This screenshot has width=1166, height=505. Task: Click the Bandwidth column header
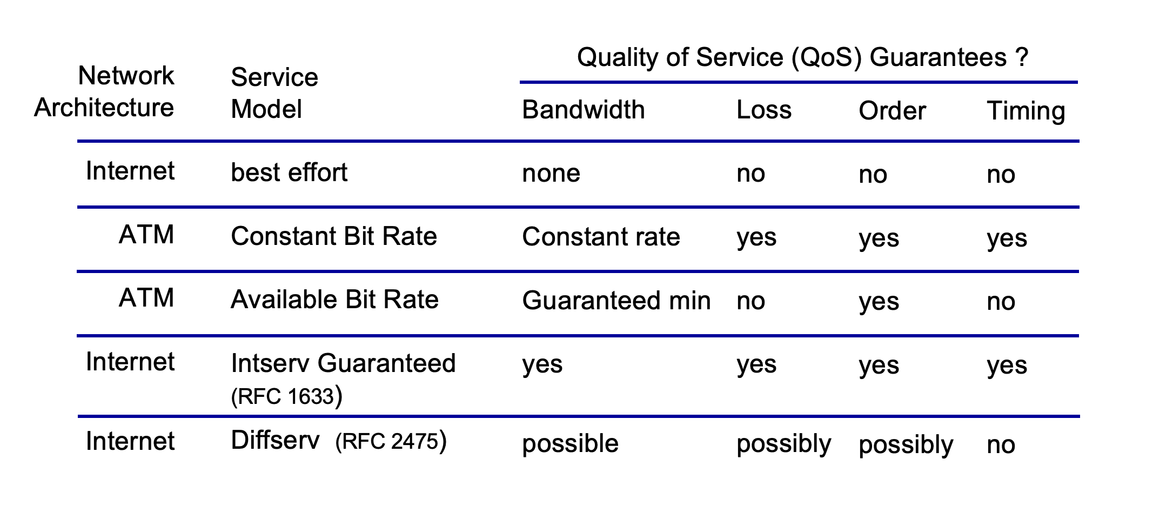coord(584,110)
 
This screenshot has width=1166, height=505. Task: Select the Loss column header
coord(764,110)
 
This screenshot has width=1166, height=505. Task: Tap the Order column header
coord(892,111)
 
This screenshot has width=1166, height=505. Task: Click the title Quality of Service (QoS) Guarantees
coord(802,57)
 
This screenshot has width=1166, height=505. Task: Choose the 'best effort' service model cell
coord(289,172)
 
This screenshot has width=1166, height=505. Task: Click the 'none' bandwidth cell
coord(551,174)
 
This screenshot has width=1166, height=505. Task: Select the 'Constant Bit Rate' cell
coord(334,236)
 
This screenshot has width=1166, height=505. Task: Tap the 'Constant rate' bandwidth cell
coord(601,237)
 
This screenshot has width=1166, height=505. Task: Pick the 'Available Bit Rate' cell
coord(335,300)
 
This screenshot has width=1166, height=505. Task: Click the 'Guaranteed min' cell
coord(616,301)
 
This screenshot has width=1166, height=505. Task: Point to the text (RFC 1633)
coord(286,397)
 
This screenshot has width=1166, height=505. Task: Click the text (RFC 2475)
coord(391,442)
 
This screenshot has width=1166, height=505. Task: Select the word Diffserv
coord(275,441)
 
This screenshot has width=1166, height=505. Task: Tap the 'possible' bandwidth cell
coord(571,444)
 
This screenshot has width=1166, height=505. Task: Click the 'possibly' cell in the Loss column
coord(784,444)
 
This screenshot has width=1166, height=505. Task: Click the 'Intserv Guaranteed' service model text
coord(344,363)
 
